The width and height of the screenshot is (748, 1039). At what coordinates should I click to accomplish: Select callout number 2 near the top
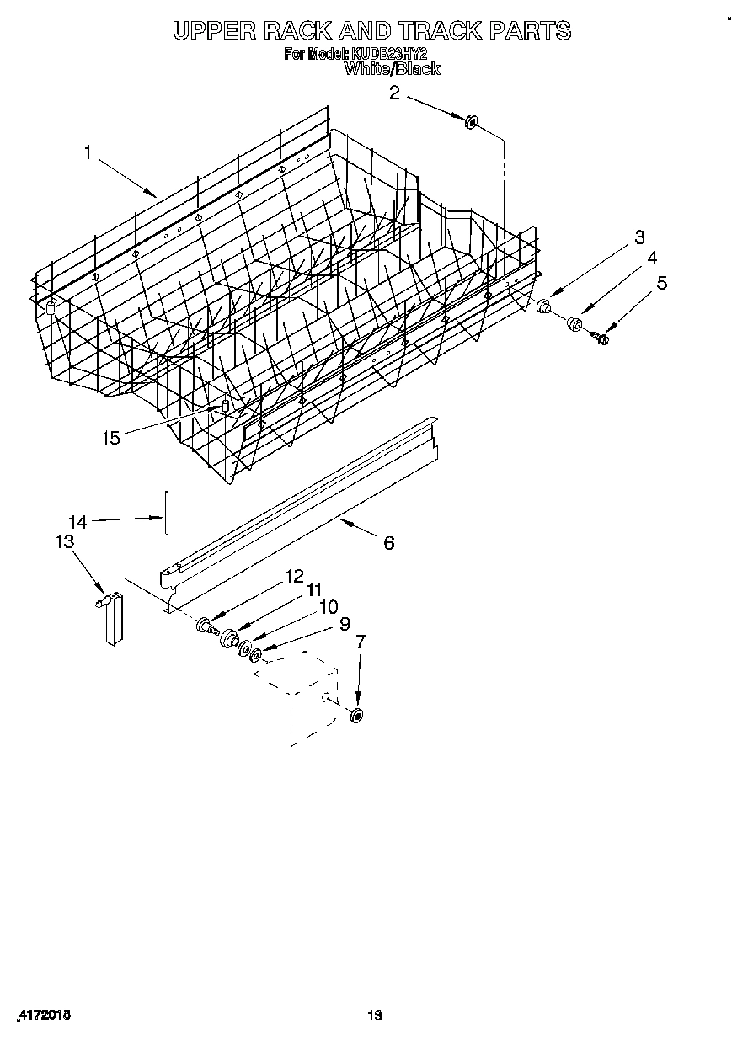click(394, 93)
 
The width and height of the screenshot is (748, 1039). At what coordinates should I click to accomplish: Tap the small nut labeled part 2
click(471, 122)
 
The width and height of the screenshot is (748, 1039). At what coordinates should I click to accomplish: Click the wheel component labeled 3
click(544, 306)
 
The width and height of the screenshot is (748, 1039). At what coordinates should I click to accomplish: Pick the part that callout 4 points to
click(575, 323)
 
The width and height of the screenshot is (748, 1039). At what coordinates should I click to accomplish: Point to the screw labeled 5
click(601, 338)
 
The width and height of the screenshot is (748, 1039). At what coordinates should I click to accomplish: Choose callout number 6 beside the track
click(388, 543)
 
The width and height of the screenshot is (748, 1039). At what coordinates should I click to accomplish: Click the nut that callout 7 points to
click(356, 716)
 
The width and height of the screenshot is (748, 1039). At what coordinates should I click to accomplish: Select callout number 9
click(344, 624)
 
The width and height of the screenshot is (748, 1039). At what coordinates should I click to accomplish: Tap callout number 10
click(328, 606)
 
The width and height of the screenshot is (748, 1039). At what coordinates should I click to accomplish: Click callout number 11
click(313, 590)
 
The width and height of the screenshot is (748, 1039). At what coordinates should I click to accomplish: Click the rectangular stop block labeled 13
click(113, 621)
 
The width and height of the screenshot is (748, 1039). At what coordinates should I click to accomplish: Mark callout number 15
click(110, 437)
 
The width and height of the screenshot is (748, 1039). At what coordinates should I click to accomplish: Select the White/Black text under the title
click(392, 69)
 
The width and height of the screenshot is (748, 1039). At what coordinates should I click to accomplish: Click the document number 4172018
click(43, 1015)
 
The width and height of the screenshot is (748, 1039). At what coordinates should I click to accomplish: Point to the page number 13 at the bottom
click(374, 1016)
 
